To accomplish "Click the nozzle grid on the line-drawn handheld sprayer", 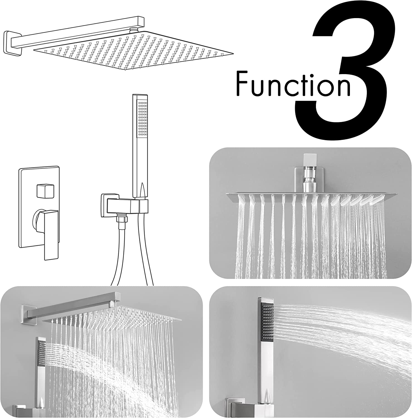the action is pos(143,119).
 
